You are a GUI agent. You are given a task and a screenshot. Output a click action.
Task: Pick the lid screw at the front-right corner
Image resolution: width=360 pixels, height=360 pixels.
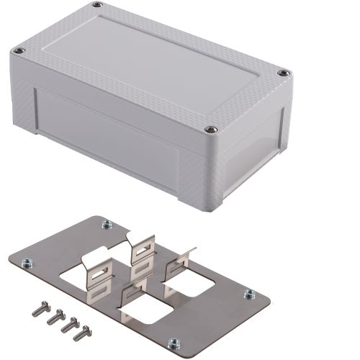coord(210,130)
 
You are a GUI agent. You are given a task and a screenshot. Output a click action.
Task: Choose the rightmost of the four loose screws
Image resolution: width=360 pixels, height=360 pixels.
coord(83,333)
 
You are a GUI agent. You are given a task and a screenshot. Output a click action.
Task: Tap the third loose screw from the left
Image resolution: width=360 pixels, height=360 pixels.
coord(68,324)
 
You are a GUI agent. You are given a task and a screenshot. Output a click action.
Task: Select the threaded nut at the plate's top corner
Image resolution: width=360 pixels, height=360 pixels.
coord(107,225)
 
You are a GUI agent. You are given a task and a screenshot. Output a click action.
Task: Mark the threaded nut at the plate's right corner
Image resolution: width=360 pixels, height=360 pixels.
coord(249,294)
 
